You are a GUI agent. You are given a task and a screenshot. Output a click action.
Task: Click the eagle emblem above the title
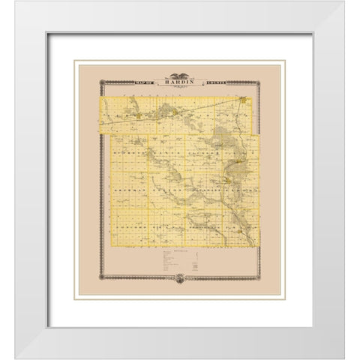click(x=180, y=74)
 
